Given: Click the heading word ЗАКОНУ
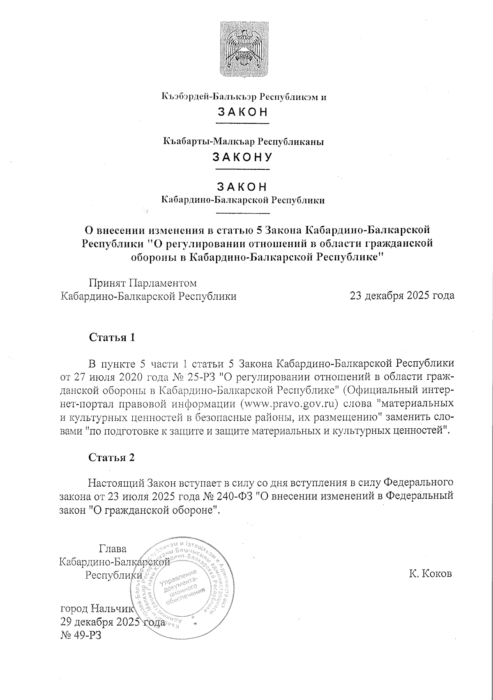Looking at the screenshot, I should click(242, 157).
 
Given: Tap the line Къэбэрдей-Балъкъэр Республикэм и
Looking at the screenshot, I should click(243, 97).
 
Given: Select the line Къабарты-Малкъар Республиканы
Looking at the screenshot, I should click(243, 142).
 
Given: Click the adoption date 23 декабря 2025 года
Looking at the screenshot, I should click(402, 296).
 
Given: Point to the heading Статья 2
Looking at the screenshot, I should click(112, 457).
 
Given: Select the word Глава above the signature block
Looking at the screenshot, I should click(113, 548).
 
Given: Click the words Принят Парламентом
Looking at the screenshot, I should click(143, 283).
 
